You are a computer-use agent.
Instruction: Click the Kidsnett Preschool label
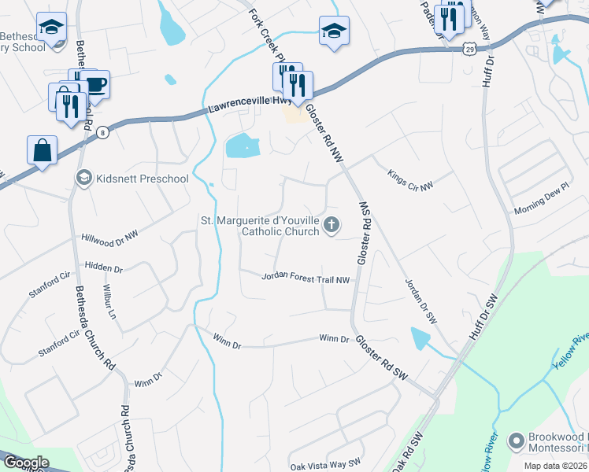[x=142, y=179]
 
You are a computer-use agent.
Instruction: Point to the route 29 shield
[x=469, y=48]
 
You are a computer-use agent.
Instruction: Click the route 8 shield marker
[x=103, y=134]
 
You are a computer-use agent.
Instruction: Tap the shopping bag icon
[x=42, y=149]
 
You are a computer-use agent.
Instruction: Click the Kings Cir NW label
[x=410, y=182]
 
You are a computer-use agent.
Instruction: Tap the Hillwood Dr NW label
[x=109, y=235]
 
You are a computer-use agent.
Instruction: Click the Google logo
[x=25, y=463]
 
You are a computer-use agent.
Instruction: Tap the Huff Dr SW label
[x=482, y=319]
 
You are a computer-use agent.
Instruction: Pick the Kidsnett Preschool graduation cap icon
[x=83, y=179]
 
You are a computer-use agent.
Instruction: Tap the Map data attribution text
[x=556, y=466]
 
